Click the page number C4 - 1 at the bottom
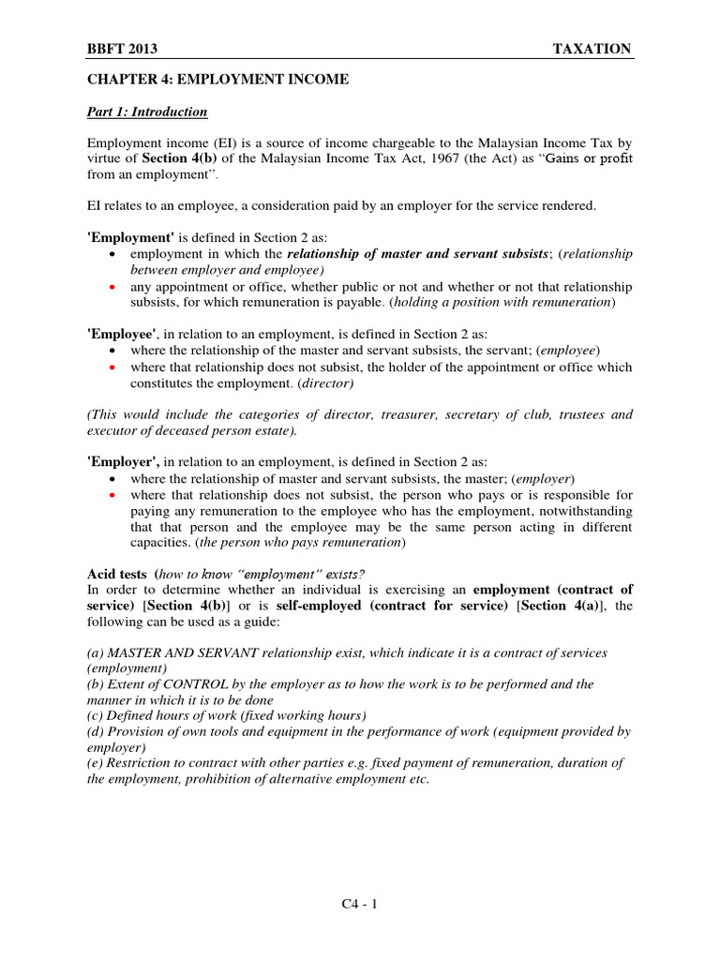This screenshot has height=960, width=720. pyautogui.click(x=359, y=905)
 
